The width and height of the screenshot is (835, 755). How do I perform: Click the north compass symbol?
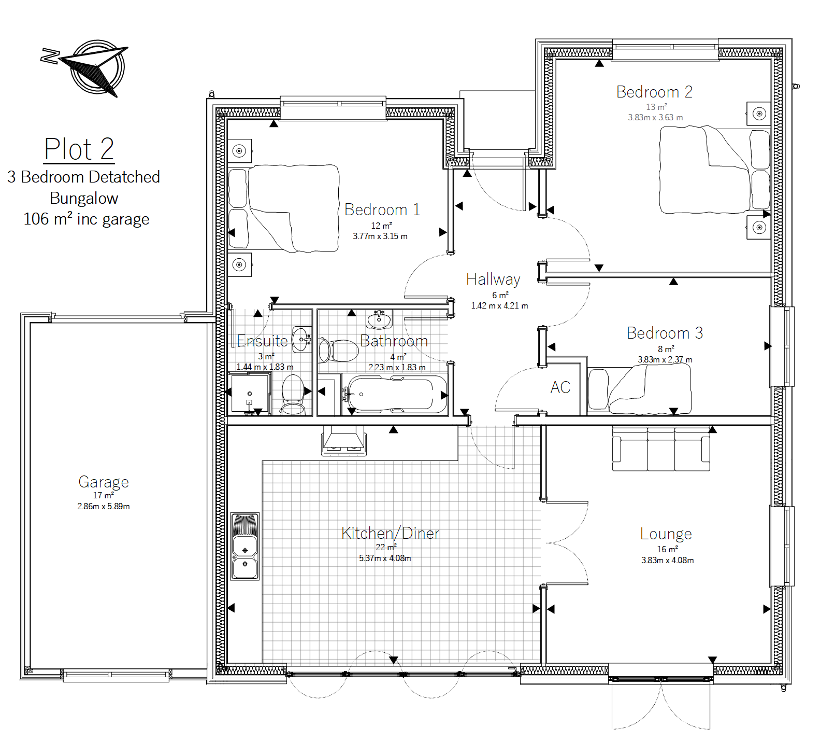pos(85,67)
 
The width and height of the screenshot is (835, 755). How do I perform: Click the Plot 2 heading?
pos(79,149)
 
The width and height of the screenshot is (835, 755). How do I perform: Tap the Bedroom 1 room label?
pos(382,209)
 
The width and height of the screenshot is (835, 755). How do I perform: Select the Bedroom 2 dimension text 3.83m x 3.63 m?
pos(655,118)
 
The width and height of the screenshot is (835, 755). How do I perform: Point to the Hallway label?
pos(493,279)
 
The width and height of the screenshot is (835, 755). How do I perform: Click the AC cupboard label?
pos(560,387)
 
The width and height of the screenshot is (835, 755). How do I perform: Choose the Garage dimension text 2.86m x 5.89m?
pos(104,507)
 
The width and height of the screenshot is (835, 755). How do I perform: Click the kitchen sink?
pos(245,546)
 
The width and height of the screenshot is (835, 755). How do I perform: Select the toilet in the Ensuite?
pos(293,395)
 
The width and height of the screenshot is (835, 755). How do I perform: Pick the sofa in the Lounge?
pos(661,449)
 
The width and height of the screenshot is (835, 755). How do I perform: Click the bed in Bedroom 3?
pos(639,389)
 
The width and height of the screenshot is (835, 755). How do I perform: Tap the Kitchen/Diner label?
pos(390,533)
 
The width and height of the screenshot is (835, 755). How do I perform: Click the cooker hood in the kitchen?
pos(343,441)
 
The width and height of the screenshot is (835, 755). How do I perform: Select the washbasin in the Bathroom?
pos(379,319)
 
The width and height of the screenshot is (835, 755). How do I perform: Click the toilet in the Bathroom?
pos(338,351)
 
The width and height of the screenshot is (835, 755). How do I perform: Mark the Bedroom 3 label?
pos(665,333)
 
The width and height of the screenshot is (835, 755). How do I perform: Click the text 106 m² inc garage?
pos(86,219)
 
